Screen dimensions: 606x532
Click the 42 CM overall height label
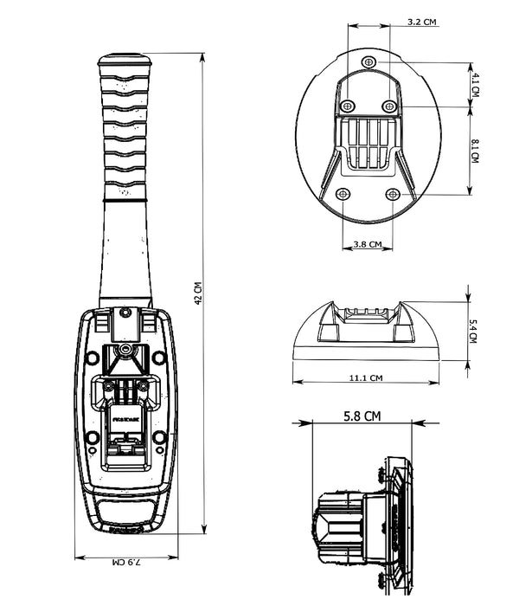click(x=198, y=294)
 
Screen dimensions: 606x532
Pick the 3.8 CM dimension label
click(x=368, y=245)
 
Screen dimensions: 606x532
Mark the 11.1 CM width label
click(x=367, y=378)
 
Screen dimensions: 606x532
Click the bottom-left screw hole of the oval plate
click(x=343, y=193)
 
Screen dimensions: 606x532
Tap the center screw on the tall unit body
click(x=126, y=351)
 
